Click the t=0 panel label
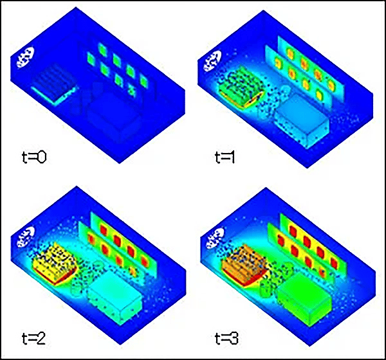34,157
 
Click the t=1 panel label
225,157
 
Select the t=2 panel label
33,338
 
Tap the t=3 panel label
226,338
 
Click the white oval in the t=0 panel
25,58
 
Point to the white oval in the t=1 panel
212,61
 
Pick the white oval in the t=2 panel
25,237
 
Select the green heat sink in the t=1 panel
241,87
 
